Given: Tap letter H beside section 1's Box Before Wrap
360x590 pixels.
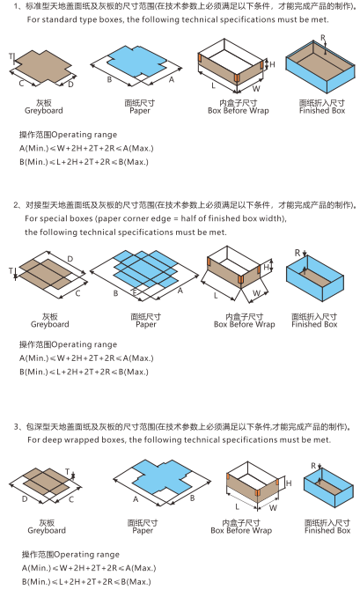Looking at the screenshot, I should point(273,64).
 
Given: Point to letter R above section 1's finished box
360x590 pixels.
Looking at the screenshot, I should point(323,40).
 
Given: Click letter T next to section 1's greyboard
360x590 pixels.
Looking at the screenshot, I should point(11,56).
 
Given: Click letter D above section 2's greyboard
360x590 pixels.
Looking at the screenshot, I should point(70,260).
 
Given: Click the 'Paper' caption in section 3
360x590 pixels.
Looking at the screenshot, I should point(143,531).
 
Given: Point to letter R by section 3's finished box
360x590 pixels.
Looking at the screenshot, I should point(312,464).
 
